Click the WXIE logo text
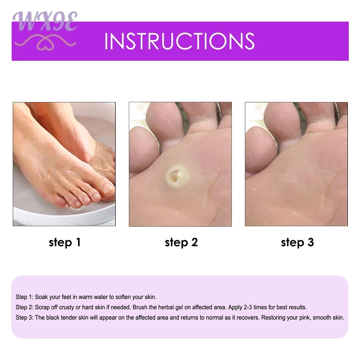[45, 21]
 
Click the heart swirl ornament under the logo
[45, 42]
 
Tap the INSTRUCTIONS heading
[180, 41]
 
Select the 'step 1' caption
[64, 243]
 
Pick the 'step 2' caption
[181, 243]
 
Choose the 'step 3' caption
[297, 243]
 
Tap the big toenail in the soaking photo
[107, 188]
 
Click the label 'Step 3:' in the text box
[24, 318]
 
